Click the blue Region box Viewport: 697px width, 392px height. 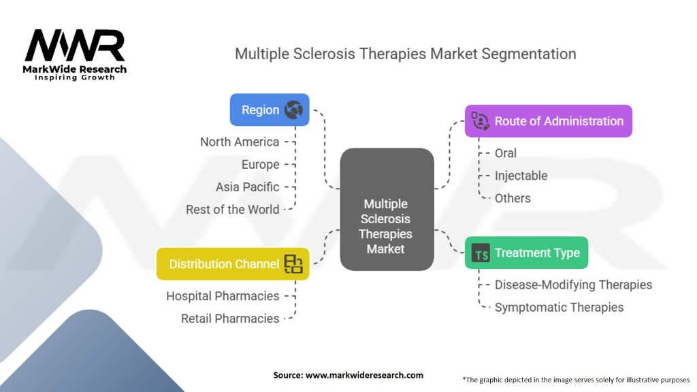(270, 110)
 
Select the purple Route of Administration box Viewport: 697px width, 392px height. (549, 121)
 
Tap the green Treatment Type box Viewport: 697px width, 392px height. (526, 252)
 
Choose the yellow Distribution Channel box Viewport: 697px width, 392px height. (233, 264)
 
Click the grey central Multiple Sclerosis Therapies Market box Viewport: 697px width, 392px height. (387, 210)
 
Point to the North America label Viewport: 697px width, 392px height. (240, 142)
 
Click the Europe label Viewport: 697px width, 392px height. (261, 165)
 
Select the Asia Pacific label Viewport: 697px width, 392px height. (248, 187)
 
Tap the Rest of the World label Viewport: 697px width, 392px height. (233, 210)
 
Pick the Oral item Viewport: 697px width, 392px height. (506, 153)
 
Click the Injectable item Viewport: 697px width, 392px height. (521, 176)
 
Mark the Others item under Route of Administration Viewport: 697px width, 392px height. (513, 198)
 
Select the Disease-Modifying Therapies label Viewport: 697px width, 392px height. (573, 284)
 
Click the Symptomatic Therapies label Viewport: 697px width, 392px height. (560, 307)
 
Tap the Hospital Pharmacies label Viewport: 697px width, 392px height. (223, 296)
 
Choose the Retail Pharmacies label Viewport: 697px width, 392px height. (230, 318)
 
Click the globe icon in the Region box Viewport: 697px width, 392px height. (293, 110)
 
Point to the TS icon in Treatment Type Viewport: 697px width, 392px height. (481, 252)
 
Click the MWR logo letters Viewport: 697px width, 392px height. (75, 46)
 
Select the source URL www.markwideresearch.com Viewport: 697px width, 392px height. (365, 375)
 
